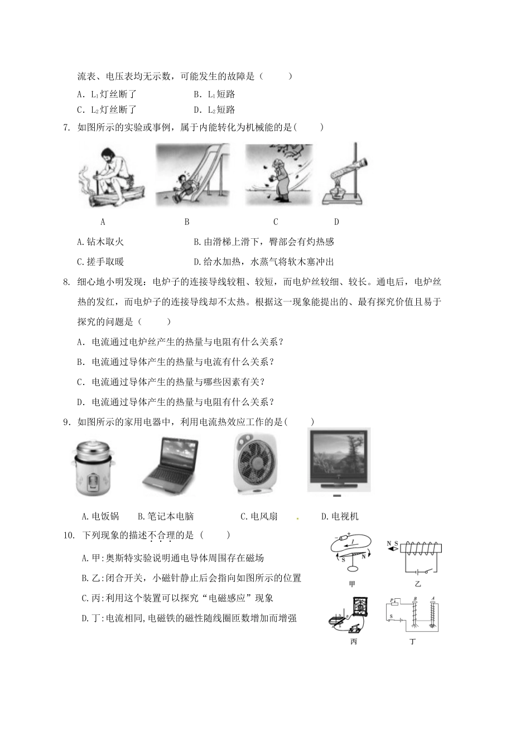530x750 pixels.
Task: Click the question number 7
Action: click(x=67, y=127)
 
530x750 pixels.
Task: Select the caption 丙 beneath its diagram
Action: click(x=353, y=641)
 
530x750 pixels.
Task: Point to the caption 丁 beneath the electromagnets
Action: click(x=413, y=641)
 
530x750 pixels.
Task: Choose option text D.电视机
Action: click(x=340, y=516)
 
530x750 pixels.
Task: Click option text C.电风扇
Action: click(x=259, y=516)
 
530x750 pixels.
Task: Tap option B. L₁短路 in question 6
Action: click(x=214, y=94)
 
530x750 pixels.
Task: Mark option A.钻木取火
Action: click(x=100, y=242)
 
